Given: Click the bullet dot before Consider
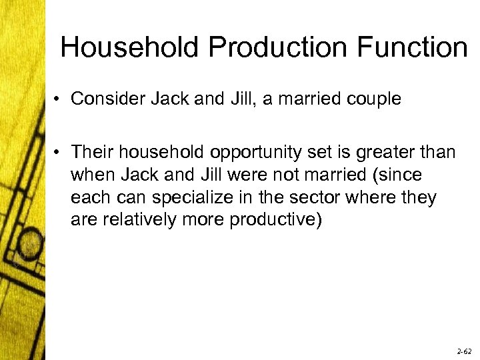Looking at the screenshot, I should coord(59,100).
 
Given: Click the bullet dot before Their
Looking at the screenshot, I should coord(59,153).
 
